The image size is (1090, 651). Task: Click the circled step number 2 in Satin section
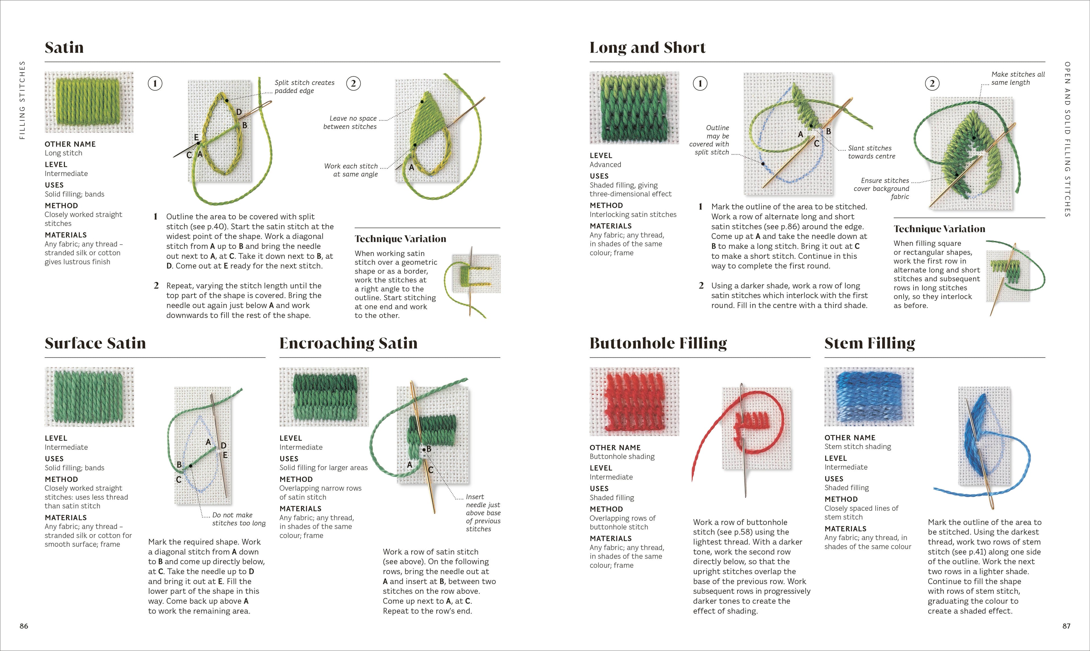353,83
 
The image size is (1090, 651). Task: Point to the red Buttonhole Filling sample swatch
634,401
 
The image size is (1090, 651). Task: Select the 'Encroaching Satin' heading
348,343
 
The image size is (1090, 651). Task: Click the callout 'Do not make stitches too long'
239,519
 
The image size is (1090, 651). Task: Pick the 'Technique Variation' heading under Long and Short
939,229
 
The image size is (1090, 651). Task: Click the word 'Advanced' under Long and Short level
605,165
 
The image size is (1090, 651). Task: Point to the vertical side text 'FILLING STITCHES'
22,100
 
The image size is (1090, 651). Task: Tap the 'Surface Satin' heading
95,343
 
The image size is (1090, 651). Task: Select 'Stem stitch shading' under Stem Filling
858,447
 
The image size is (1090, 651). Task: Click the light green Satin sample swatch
89,102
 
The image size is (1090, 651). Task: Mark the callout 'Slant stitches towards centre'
871,152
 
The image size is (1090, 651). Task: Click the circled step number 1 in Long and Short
700,83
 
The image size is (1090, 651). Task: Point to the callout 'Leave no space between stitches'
350,122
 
